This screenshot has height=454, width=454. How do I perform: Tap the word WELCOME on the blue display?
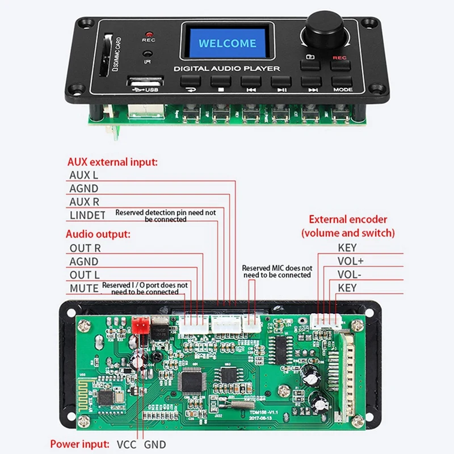point(227,43)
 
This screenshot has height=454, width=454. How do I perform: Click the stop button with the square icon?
point(220,82)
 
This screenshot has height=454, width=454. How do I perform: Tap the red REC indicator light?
point(149,34)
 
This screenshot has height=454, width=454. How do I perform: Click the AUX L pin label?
point(83,175)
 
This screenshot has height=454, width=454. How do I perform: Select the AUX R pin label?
point(84,202)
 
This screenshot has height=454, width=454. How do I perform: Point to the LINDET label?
point(87,215)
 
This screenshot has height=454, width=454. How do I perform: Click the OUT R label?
point(85,248)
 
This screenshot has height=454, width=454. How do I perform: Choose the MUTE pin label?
point(84,288)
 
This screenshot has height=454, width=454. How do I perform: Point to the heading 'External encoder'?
point(348,219)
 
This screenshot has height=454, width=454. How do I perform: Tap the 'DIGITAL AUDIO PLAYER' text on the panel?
point(227,69)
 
